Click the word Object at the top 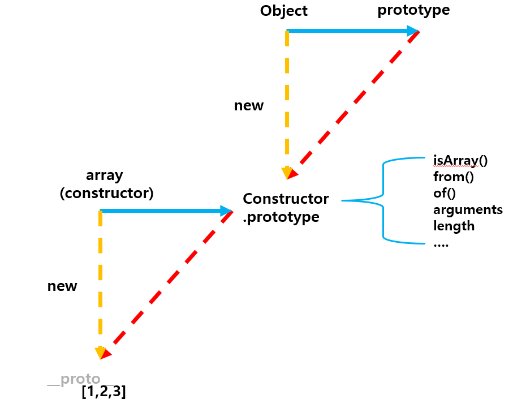pyautogui.click(x=283, y=11)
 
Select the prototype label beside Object pyautogui.click(x=414, y=10)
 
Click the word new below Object pyautogui.click(x=249, y=105)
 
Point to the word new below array pyautogui.click(x=62, y=286)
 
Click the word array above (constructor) pyautogui.click(x=105, y=175)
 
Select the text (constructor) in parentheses pyautogui.click(x=107, y=193)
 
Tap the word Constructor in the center pyautogui.click(x=286, y=199)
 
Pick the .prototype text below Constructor pyautogui.click(x=281, y=217)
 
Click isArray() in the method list pyautogui.click(x=460, y=161)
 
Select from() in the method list pyautogui.click(x=454, y=177)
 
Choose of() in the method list pyautogui.click(x=444, y=193)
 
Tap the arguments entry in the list pyautogui.click(x=468, y=209)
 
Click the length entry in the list pyautogui.click(x=454, y=226)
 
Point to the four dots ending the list pyautogui.click(x=441, y=244)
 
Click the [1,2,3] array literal pyautogui.click(x=104, y=392)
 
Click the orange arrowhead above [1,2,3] pyautogui.click(x=101, y=353)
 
